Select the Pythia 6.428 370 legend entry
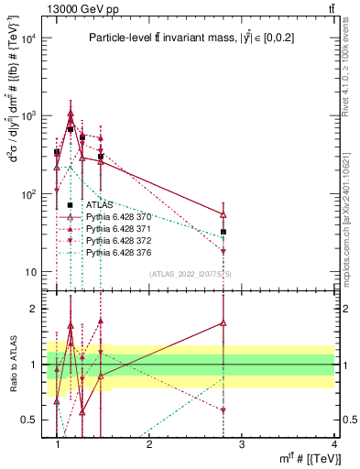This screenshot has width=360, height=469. coord(117,217)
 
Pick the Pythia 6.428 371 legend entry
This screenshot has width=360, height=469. coord(117,228)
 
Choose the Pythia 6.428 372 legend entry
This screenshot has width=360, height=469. coord(117,240)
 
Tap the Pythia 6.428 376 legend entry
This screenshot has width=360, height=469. coord(117,251)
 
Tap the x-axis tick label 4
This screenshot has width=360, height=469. coord(333,444)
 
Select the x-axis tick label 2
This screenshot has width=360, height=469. coord(149,444)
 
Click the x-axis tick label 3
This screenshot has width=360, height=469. coord(242,444)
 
